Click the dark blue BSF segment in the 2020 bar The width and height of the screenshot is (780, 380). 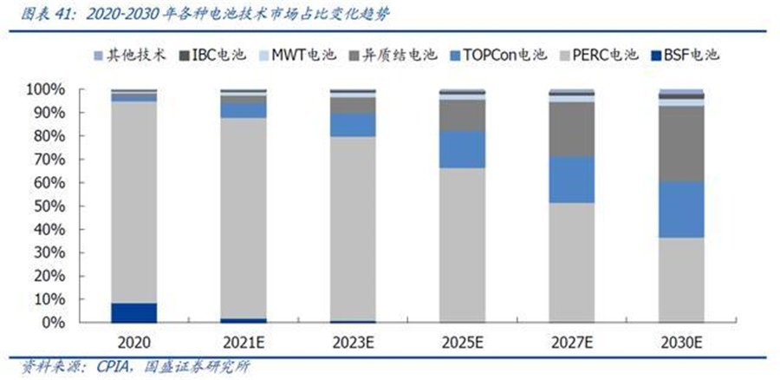(x=133, y=312)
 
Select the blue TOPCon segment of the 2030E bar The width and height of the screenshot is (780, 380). (x=681, y=209)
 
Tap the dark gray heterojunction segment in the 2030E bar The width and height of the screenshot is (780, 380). (x=681, y=144)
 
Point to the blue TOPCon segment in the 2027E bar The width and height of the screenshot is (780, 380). (x=571, y=180)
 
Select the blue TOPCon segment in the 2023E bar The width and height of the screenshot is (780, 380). (x=353, y=124)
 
